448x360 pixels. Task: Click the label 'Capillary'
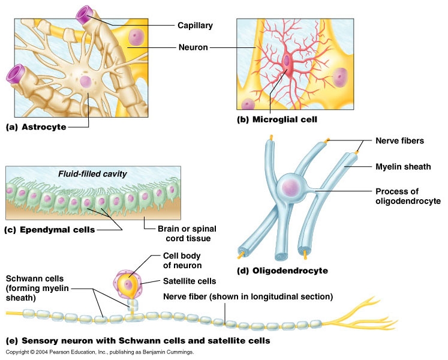coord(195,25)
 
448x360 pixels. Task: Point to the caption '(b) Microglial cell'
coord(276,119)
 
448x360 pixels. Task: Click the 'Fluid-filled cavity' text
coord(92,174)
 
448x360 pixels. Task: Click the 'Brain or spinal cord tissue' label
coord(187,233)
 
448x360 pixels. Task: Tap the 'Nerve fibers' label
coord(399,141)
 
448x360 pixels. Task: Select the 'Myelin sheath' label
coord(403,166)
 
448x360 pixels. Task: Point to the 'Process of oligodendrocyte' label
coord(408,196)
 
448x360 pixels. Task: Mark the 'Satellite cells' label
coord(190,280)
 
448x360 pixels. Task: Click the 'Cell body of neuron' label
coord(182,261)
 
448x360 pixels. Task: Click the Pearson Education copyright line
coord(100,352)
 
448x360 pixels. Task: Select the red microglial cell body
coord(288,62)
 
